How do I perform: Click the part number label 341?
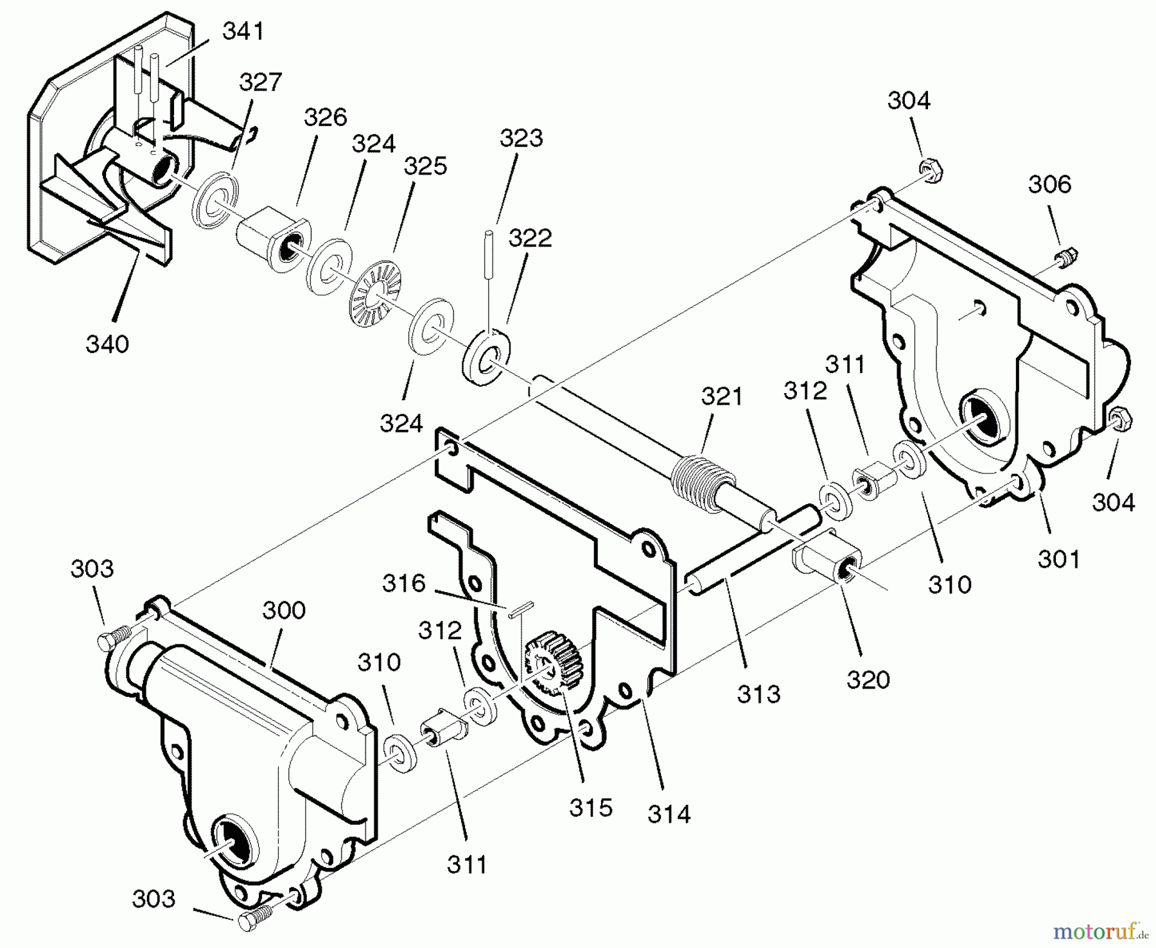pos(243,31)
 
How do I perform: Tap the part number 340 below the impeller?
pos(107,344)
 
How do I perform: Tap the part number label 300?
pos(284,610)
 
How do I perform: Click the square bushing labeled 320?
pos(827,557)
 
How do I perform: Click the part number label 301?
pos(1059,559)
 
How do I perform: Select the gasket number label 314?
pos(669,814)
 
